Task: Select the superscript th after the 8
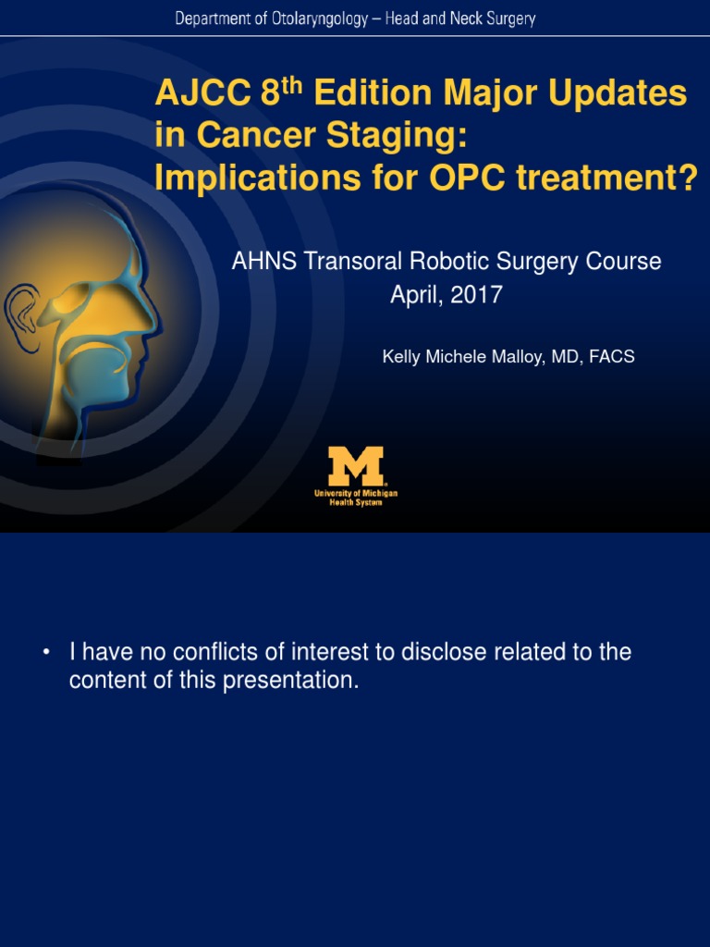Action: [x=294, y=84]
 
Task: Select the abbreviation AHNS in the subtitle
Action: [x=263, y=262]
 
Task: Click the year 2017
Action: [x=477, y=296]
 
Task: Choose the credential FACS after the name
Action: [x=613, y=357]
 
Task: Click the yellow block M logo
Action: [x=356, y=467]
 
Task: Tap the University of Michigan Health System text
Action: [x=356, y=498]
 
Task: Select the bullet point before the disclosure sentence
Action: [x=44, y=653]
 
